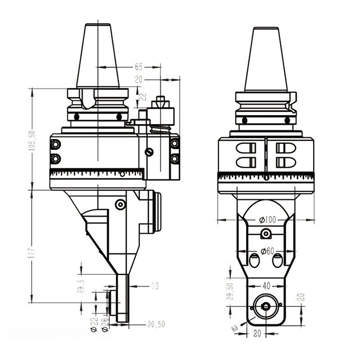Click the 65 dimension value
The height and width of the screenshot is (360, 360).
click(138, 67)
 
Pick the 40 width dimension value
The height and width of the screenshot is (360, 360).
click(266, 285)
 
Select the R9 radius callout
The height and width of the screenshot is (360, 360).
click(234, 328)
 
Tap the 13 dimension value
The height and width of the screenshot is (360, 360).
click(155, 286)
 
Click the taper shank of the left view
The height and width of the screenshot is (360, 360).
click(98, 56)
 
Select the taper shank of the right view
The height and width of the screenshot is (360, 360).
click(266, 58)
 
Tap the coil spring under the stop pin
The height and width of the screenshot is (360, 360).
click(160, 130)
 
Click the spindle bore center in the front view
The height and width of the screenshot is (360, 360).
click(265, 306)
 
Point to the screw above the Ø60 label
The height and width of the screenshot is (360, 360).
click(266, 234)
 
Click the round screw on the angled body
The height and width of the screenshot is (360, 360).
click(120, 205)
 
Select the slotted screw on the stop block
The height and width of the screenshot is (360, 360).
click(149, 153)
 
